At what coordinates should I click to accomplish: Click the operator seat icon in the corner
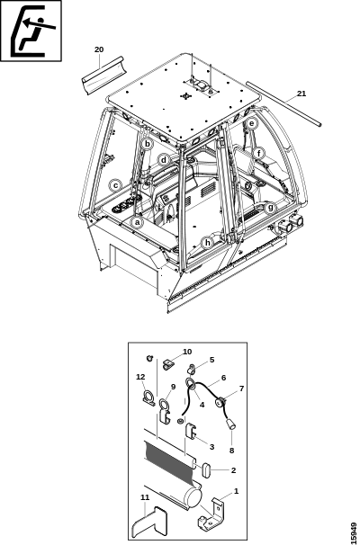[x=31, y=31]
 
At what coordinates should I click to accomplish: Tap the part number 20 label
[x=99, y=49]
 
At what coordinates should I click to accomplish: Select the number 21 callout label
[x=301, y=94]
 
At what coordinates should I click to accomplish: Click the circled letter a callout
[x=138, y=222]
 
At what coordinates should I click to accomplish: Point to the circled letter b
[x=147, y=144]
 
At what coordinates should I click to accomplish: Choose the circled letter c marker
[x=116, y=185]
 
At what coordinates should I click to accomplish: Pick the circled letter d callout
[x=164, y=161]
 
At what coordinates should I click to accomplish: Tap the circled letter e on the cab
[x=252, y=123]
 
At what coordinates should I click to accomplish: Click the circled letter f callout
[x=259, y=153]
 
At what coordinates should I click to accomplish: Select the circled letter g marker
[x=270, y=209]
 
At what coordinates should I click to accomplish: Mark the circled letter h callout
[x=208, y=243]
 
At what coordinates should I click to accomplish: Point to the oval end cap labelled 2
[x=206, y=470]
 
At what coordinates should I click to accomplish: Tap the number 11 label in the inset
[x=145, y=497]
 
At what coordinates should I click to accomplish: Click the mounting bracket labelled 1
[x=212, y=514]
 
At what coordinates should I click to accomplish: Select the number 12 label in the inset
[x=140, y=377]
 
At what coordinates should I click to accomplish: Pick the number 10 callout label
[x=187, y=352]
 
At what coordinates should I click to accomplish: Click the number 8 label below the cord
[x=231, y=451]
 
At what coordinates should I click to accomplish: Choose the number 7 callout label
[x=241, y=389]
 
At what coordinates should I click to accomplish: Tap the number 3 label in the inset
[x=211, y=447]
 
